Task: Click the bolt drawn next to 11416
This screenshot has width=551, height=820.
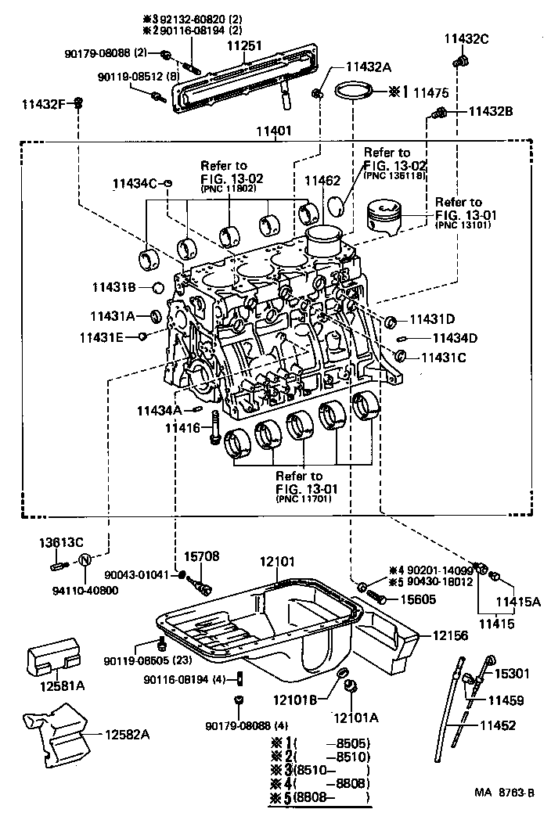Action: pyautogui.click(x=212, y=431)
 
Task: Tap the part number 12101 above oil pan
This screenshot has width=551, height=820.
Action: pyautogui.click(x=276, y=561)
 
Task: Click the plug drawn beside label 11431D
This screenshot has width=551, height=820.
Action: pyautogui.click(x=392, y=320)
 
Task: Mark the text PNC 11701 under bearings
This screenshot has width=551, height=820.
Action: pyautogui.click(x=303, y=498)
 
